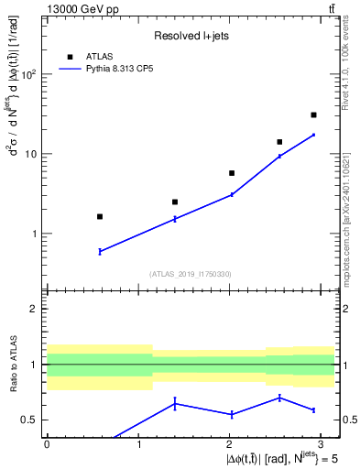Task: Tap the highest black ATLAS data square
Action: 313,115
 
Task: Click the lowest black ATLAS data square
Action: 100,216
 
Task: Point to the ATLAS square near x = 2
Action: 232,173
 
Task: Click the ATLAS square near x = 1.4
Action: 175,202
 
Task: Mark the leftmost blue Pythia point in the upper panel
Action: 100,251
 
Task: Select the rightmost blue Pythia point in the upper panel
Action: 313,135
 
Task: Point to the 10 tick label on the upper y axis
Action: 33,154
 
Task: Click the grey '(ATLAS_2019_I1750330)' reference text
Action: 191,274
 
